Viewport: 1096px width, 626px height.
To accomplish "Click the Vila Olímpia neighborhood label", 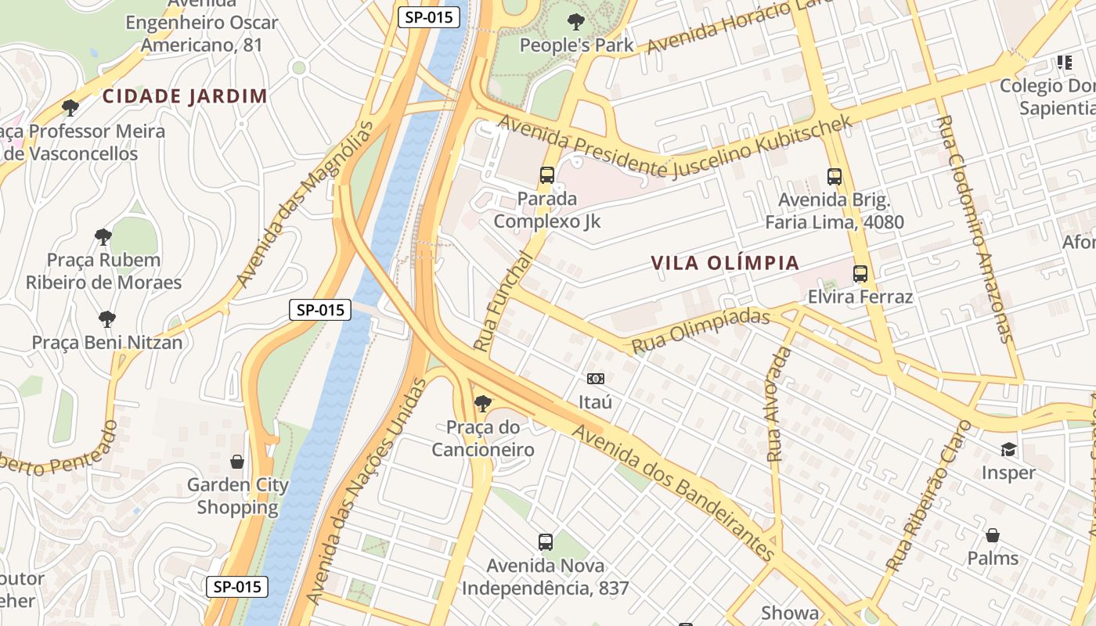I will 725,263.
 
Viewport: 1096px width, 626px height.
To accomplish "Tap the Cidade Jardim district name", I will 185,96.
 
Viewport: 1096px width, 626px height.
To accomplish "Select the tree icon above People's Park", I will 576,21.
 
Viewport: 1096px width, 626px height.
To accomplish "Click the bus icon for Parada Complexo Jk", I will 546,175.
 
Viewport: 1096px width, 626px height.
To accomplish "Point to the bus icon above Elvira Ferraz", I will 860,274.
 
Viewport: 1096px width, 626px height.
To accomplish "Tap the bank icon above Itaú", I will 595,379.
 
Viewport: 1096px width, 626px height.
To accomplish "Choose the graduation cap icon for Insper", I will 1008,449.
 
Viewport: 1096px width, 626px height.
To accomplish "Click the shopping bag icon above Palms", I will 993,535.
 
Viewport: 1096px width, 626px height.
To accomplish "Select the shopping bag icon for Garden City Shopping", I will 236,462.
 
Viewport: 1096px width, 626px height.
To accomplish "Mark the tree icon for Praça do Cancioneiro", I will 483,404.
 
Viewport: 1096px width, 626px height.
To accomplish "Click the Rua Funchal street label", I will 503,300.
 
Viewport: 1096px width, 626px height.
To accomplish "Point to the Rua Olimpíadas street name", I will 701,331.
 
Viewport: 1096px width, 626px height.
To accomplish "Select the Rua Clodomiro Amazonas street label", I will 974,228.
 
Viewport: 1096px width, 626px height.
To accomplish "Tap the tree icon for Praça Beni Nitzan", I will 107,319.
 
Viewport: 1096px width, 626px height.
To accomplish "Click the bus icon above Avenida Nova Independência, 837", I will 546,541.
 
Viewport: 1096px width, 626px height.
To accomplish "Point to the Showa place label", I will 790,613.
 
